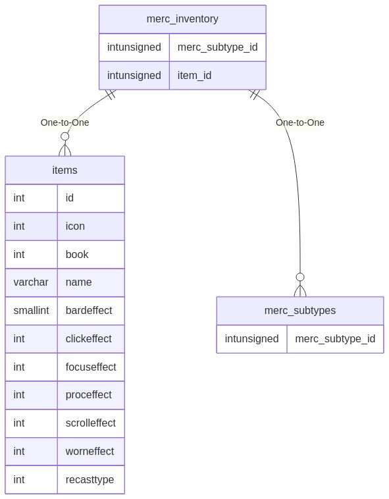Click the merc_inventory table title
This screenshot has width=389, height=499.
click(182, 19)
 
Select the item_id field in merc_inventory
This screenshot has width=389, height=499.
click(194, 76)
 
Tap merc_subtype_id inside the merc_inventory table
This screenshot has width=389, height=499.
click(218, 47)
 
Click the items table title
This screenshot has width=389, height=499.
click(65, 170)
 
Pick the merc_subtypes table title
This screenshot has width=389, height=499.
click(300, 310)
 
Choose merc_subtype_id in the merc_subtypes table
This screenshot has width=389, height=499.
click(335, 338)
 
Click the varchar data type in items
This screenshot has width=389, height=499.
click(31, 282)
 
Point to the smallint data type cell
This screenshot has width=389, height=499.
click(31, 310)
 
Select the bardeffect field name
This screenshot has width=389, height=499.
click(89, 310)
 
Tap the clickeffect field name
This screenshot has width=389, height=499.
click(88, 338)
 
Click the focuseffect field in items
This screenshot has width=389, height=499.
click(91, 367)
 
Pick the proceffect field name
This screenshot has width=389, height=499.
click(88, 394)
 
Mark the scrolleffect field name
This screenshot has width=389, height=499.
click(91, 423)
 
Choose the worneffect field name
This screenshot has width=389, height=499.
click(90, 451)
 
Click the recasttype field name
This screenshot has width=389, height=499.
click(90, 479)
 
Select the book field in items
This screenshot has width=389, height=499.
click(77, 254)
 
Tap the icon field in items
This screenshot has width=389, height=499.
click(75, 226)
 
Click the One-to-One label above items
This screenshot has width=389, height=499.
click(65, 122)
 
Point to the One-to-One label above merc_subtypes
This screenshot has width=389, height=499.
click(300, 122)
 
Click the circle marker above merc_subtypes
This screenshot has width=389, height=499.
click(300, 277)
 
